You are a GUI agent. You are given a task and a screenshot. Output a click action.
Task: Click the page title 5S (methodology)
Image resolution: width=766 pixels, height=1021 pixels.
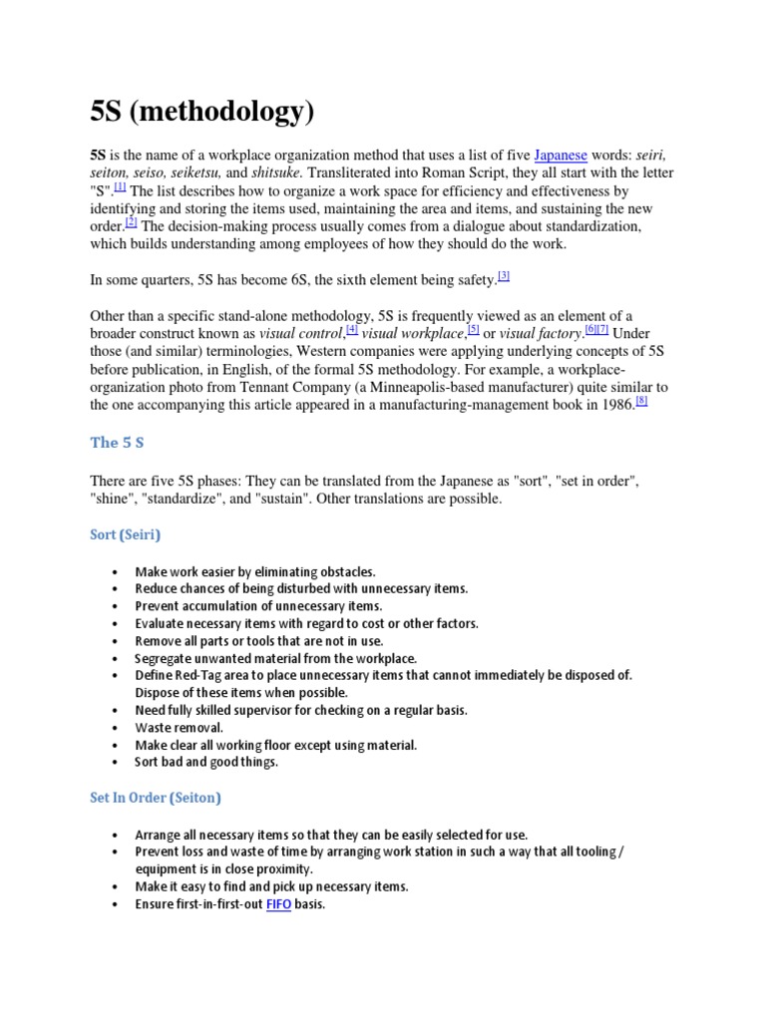pos(202,111)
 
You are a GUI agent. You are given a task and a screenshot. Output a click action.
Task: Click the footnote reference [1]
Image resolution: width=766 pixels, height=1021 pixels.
pos(120,186)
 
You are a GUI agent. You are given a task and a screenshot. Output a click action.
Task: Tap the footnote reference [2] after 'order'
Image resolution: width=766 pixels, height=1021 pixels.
pos(131,222)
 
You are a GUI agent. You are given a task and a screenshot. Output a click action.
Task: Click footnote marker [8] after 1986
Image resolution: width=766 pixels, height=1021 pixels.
pos(641,401)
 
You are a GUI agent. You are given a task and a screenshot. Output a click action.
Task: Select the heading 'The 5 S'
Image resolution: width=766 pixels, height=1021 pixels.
pos(118,443)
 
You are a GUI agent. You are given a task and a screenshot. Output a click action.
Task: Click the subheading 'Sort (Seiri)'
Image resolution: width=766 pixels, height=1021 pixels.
pos(126,534)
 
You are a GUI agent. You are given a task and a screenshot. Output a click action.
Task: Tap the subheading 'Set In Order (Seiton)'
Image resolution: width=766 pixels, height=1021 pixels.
pos(156,798)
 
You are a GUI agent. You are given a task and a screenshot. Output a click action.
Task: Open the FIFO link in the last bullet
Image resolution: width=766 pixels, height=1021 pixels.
pos(277,904)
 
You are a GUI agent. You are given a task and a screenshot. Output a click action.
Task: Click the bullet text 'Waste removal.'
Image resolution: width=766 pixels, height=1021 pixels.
pos(180,727)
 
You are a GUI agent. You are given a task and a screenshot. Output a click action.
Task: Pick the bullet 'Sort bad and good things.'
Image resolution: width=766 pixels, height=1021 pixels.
pos(206,762)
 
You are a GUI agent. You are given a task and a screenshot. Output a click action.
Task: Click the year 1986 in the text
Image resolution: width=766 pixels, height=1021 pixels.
pos(614,404)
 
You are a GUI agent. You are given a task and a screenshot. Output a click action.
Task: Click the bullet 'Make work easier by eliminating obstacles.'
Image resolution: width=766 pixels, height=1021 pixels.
pos(255,571)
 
